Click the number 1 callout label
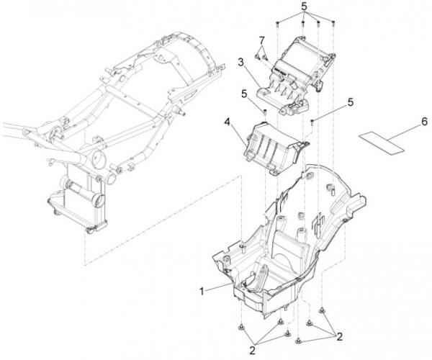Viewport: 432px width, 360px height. click(202, 291)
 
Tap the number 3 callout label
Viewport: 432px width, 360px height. click(240, 63)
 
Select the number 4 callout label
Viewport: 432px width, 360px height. click(227, 122)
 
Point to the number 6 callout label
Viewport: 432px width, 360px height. click(424, 122)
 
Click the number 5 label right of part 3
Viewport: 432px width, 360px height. click(350, 102)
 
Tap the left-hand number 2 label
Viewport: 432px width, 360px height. click(252, 351)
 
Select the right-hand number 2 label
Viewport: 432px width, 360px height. click(339, 336)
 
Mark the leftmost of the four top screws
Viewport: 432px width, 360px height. click(278, 24)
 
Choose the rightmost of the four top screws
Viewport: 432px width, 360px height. click(333, 23)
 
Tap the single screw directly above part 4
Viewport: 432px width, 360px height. click(265, 112)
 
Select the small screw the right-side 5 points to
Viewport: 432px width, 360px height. click(312, 122)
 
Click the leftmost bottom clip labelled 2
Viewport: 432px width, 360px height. click(242, 327)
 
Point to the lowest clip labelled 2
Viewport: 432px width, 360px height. click(298, 341)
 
